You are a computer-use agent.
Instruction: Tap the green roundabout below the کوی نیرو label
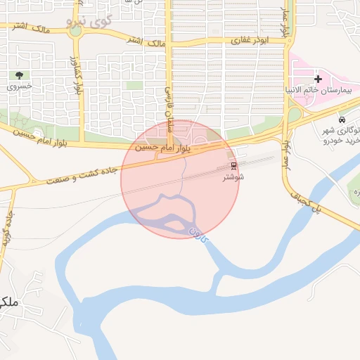click(x=75, y=31)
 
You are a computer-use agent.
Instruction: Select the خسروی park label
click(x=20, y=87)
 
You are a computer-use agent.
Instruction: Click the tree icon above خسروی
click(x=20, y=75)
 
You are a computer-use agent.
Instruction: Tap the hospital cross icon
click(x=318, y=79)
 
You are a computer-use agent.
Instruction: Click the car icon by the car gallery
click(x=342, y=120)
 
